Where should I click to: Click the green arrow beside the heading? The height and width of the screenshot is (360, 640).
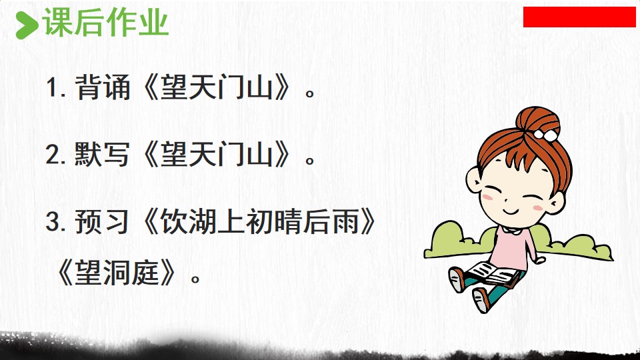(27, 25)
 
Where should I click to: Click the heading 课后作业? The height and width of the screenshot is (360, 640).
(106, 23)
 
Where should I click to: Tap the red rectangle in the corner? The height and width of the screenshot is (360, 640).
(579, 17)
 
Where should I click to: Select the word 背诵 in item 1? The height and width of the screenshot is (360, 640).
(103, 87)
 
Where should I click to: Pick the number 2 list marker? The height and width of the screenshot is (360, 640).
(55, 155)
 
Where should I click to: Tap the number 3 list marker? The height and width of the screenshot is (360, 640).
(55, 223)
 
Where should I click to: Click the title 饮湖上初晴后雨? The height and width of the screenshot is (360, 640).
(259, 222)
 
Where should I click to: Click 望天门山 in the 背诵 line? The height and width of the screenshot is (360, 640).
(216, 87)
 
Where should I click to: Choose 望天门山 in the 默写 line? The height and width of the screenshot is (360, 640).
(216, 154)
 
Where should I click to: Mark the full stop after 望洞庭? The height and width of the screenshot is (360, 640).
(195, 279)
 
